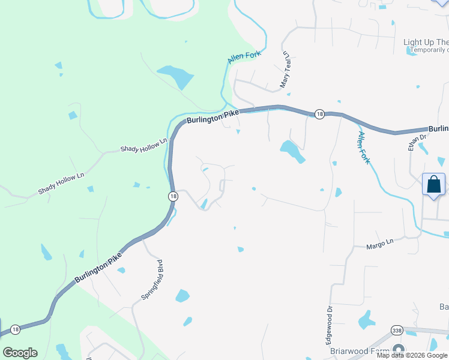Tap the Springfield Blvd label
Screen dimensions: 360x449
click(x=152, y=280)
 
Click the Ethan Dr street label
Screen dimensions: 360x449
click(x=413, y=142)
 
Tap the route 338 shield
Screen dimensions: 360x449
click(x=396, y=331)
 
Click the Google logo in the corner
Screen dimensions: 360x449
click(x=20, y=353)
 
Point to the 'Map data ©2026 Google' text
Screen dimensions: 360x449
click(x=412, y=355)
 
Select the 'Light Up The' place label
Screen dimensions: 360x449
click(x=426, y=42)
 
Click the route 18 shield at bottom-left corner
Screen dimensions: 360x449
click(x=15, y=329)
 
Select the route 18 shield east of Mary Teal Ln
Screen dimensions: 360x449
click(x=319, y=114)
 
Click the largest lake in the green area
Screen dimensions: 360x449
click(x=175, y=77)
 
